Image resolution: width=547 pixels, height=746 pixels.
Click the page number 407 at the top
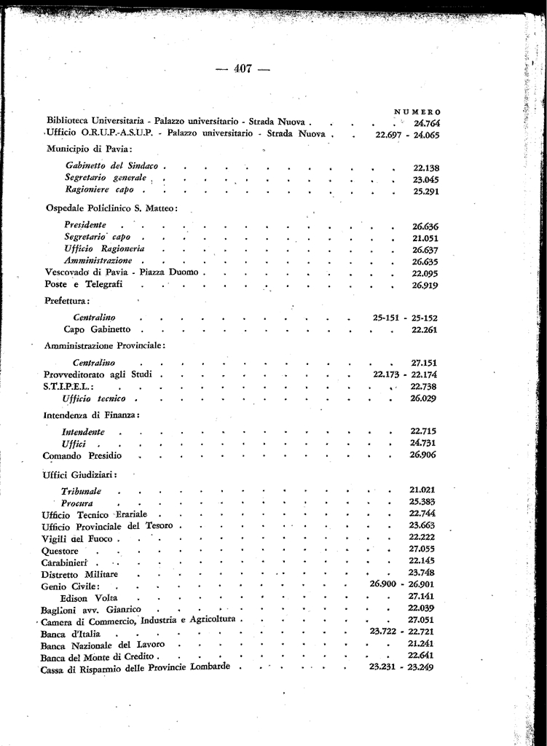(x=243, y=69)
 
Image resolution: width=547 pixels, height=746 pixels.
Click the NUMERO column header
(x=417, y=111)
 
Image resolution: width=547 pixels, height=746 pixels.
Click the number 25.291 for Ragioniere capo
(x=426, y=191)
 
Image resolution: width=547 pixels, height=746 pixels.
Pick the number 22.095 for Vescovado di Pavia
(x=425, y=273)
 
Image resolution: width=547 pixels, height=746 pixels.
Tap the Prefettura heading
(x=67, y=300)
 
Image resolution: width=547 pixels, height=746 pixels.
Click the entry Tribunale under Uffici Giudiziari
(x=81, y=492)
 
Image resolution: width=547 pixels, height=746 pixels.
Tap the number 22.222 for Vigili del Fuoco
(x=422, y=537)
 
